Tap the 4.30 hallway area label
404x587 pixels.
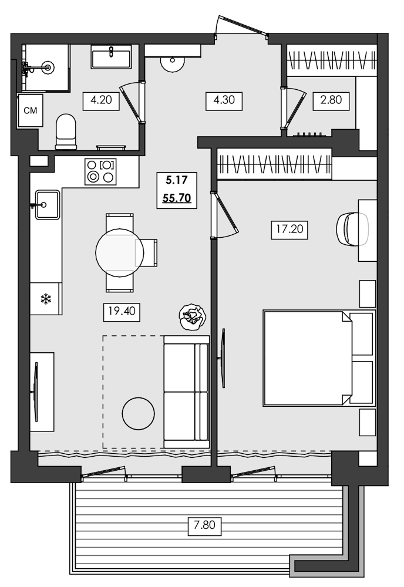224,100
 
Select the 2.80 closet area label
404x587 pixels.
331,100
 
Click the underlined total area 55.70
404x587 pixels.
176,198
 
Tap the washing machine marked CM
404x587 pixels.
30,110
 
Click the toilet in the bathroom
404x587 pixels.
66,131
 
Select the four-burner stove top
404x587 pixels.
100,171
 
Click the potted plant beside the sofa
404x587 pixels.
193,316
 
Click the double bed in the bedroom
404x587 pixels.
308,358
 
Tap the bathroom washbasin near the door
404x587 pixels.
110,59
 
